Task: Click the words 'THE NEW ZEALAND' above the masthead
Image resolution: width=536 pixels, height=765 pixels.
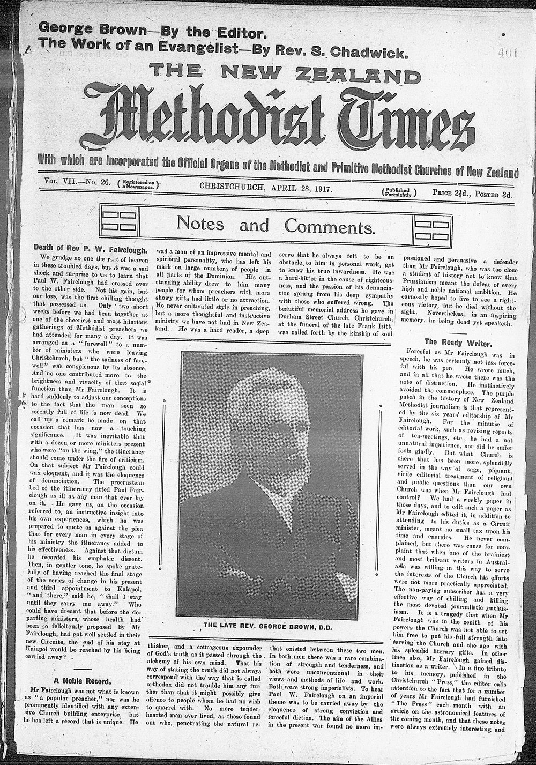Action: pos(278,71)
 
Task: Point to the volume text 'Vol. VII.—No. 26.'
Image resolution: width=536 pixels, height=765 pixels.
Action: pos(76,182)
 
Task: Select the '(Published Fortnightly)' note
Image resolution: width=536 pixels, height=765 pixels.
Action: pos(398,193)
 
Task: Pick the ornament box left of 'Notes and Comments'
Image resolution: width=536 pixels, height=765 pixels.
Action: pos(119,225)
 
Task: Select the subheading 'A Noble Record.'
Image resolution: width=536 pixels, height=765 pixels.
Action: pos(86,681)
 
